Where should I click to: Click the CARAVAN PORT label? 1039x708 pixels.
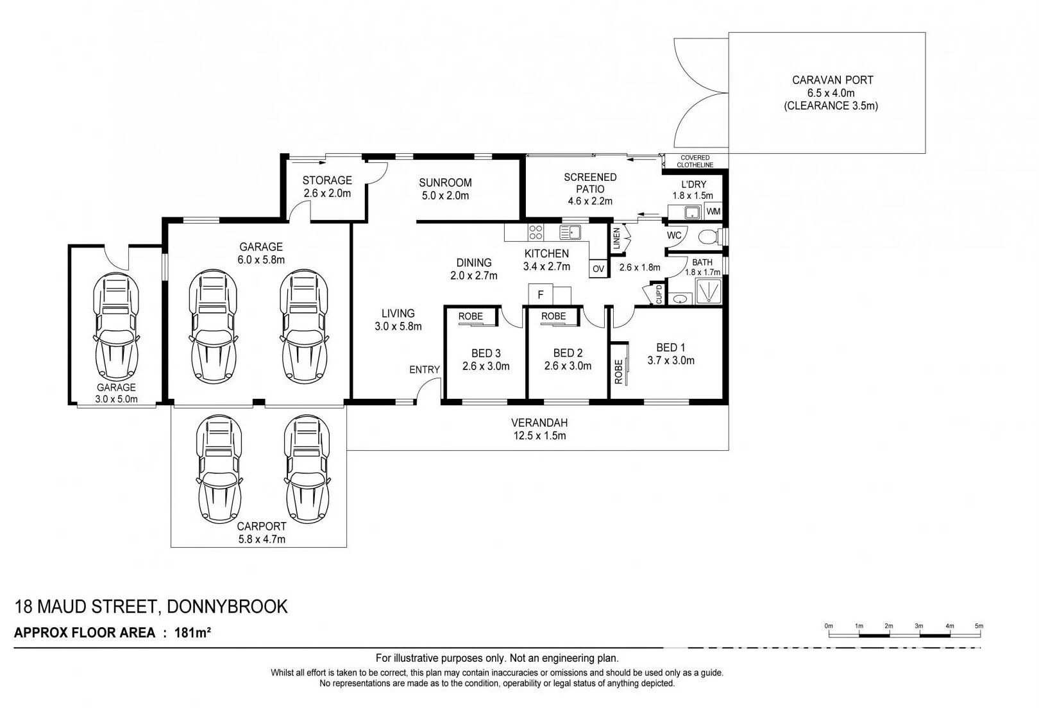pyautogui.click(x=832, y=80)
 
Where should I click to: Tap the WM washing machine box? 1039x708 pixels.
pyautogui.click(x=713, y=212)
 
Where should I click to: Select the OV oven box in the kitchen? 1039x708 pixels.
pyautogui.click(x=598, y=269)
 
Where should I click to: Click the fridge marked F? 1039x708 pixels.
pyautogui.click(x=541, y=294)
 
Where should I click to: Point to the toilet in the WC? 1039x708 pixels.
pyautogui.click(x=711, y=237)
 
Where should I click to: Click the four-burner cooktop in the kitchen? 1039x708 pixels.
pyautogui.click(x=536, y=232)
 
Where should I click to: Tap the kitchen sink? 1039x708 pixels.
pyautogui.click(x=570, y=232)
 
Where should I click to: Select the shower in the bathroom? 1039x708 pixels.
pyautogui.click(x=708, y=291)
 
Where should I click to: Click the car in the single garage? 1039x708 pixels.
pyautogui.click(x=116, y=326)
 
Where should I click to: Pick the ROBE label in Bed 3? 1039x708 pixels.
pyautogui.click(x=470, y=316)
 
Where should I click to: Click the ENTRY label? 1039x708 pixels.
pyautogui.click(x=425, y=369)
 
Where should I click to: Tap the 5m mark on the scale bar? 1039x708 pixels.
pyautogui.click(x=979, y=626)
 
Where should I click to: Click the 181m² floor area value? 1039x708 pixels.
pyautogui.click(x=192, y=632)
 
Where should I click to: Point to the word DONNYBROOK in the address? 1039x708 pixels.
pyautogui.click(x=227, y=607)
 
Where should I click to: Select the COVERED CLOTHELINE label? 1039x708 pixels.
pyautogui.click(x=695, y=162)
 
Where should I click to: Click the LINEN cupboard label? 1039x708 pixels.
pyautogui.click(x=616, y=239)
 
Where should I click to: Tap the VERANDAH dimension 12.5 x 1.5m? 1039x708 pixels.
pyautogui.click(x=539, y=436)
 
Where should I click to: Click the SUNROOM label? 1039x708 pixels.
pyautogui.click(x=445, y=183)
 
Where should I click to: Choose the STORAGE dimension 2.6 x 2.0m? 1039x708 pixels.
pyautogui.click(x=327, y=193)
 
